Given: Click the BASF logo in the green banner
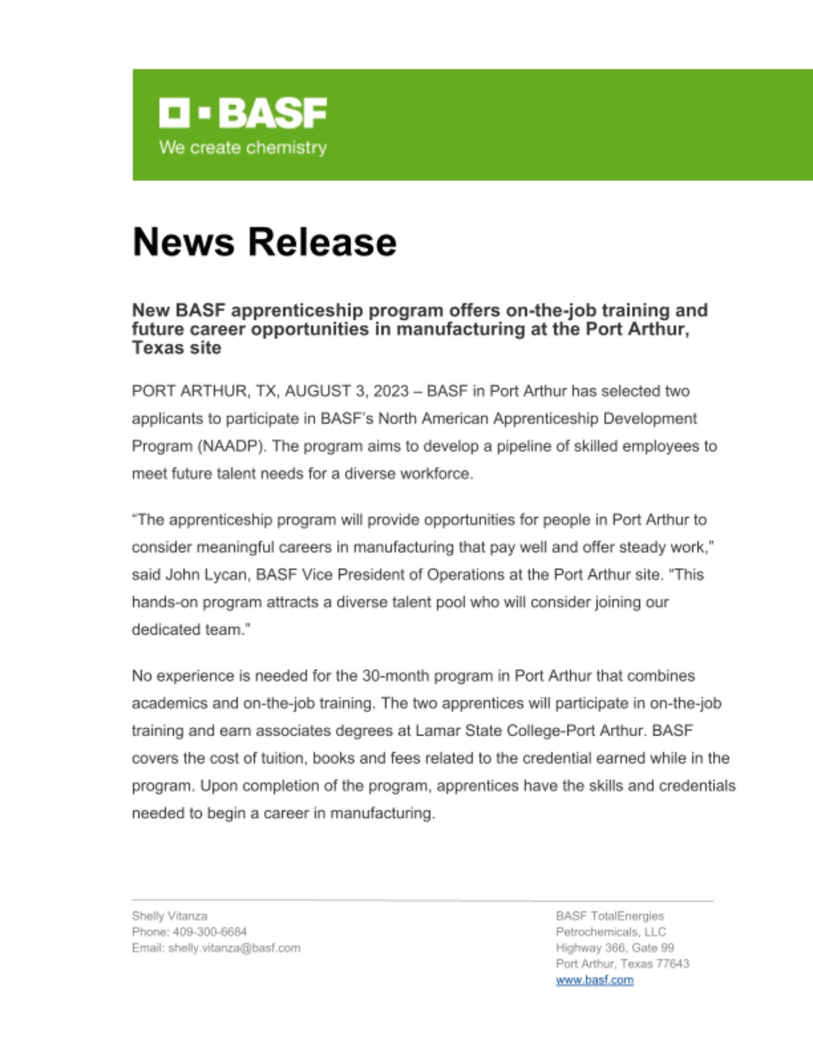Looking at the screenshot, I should (243, 113).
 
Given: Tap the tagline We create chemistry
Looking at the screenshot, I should (243, 147).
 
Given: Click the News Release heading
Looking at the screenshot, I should (264, 242).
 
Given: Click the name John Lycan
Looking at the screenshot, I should (206, 574).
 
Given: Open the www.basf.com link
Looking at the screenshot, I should (594, 980).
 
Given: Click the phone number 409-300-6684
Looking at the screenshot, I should (209, 932).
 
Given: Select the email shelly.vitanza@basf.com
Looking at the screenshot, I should (234, 948).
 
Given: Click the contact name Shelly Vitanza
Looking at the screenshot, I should (169, 916).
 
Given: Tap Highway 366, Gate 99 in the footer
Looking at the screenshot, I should (615, 948).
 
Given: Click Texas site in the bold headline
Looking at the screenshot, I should (176, 348).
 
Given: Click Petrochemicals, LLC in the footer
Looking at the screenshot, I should (610, 932).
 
